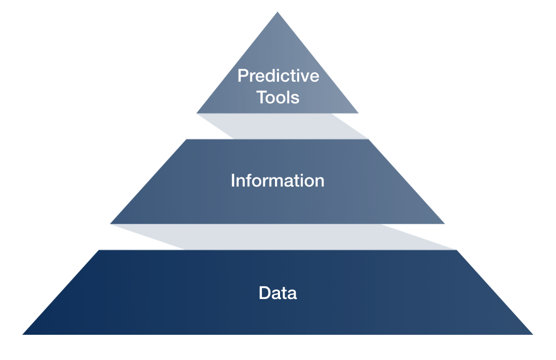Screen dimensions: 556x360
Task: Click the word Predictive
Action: tap(279, 76)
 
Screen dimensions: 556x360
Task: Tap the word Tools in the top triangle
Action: tap(277, 97)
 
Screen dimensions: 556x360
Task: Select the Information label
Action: tap(277, 181)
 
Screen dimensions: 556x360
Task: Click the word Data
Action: tap(277, 293)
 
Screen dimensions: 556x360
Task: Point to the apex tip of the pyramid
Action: tap(277, 12)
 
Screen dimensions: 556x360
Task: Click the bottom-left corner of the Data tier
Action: tap(22, 334)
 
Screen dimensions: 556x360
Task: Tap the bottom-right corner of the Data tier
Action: tap(533, 334)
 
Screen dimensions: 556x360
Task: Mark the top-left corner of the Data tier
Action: tap(99, 250)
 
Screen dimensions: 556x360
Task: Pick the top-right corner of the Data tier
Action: tap(457, 250)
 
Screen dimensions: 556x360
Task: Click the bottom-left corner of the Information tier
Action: tap(110, 224)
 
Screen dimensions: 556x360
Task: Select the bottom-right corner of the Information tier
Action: tap(444, 224)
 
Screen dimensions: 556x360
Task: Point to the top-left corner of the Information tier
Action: tap(187, 139)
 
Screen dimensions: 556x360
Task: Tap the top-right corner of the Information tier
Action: tap(368, 139)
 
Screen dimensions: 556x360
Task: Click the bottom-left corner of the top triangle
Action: tap(196, 113)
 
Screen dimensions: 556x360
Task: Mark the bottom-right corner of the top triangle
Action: tap(359, 113)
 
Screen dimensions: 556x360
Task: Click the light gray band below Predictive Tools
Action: tap(283, 126)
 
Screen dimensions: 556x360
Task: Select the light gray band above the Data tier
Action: tap(284, 237)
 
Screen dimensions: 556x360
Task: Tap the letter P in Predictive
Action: tap(243, 76)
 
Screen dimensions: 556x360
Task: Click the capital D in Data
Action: tap(265, 293)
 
